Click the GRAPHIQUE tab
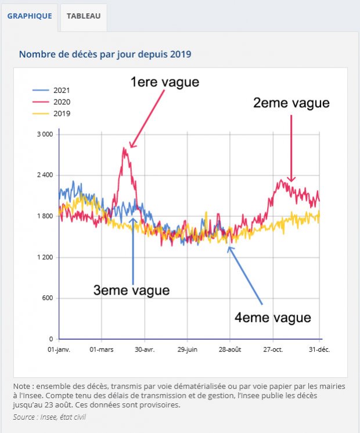[x=30, y=16]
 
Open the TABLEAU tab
[x=84, y=16]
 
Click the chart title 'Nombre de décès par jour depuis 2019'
[x=105, y=54]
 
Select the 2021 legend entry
[x=51, y=90]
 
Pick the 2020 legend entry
[x=51, y=102]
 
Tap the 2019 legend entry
[x=51, y=113]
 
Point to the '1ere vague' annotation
[x=165, y=82]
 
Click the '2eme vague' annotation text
[x=291, y=103]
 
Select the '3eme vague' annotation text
[x=132, y=290]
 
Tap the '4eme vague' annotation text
[x=273, y=317]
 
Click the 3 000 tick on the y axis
[x=45, y=134]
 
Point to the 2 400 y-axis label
[x=45, y=175]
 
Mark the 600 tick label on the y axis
[x=47, y=298]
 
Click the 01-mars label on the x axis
[x=102, y=350]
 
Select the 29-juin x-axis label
[x=188, y=350]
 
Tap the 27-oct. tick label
[x=273, y=350]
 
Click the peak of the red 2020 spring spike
[x=124, y=148]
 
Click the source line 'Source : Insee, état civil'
[x=49, y=417]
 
